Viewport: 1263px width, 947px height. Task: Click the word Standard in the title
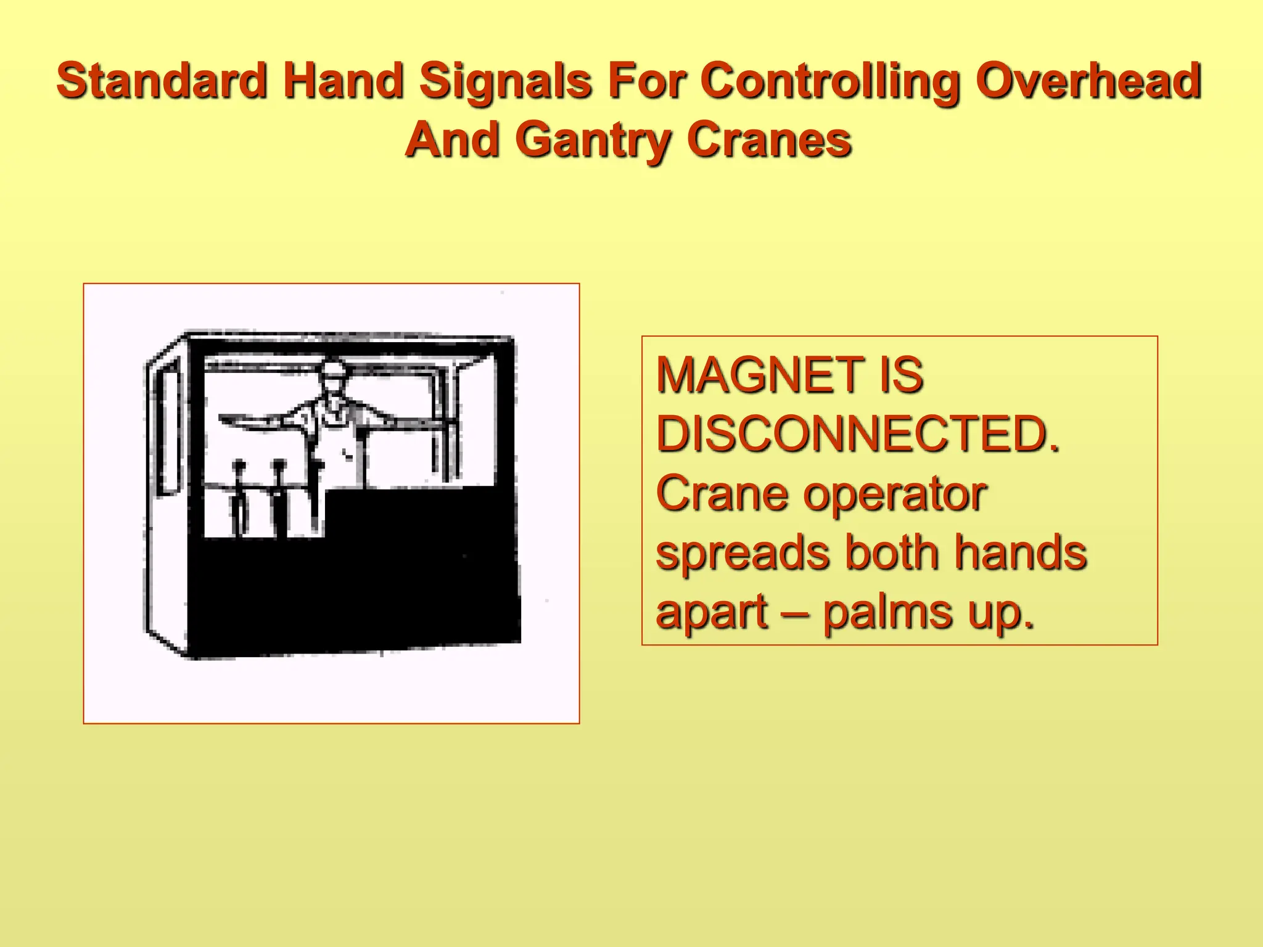(x=162, y=81)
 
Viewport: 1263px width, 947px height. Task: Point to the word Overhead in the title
(x=1088, y=81)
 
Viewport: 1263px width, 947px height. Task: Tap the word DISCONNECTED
(x=857, y=434)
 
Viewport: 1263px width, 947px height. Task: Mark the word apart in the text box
(x=712, y=613)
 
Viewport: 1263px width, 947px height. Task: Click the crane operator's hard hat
(x=334, y=369)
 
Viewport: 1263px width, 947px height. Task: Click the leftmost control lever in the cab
(x=239, y=493)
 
